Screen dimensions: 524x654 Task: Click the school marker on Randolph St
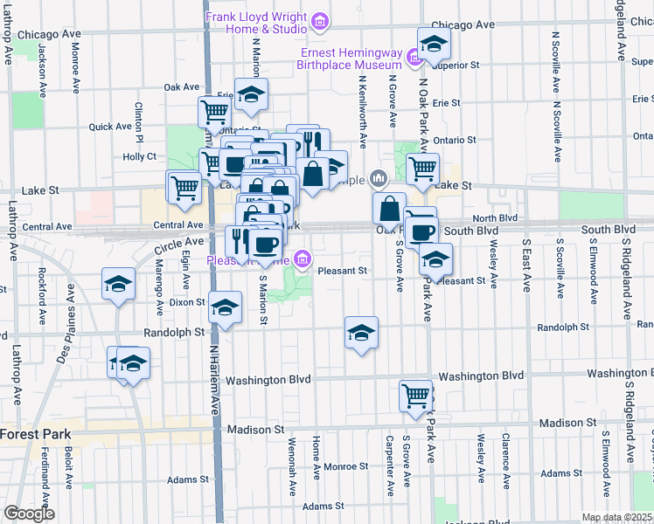pyautogui.click(x=361, y=333)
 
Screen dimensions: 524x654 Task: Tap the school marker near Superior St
pyautogui.click(x=433, y=44)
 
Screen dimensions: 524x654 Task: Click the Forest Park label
pyautogui.click(x=31, y=434)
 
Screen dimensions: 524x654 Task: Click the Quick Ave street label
pyautogui.click(x=110, y=127)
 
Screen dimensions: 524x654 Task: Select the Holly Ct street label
pyautogui.click(x=139, y=157)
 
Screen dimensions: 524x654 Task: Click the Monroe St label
pyautogui.click(x=340, y=467)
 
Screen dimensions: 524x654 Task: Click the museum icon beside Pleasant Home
pyautogui.click(x=303, y=259)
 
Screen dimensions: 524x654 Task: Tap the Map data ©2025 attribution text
pyautogui.click(x=616, y=517)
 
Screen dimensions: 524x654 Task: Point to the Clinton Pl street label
pyautogui.click(x=138, y=120)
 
